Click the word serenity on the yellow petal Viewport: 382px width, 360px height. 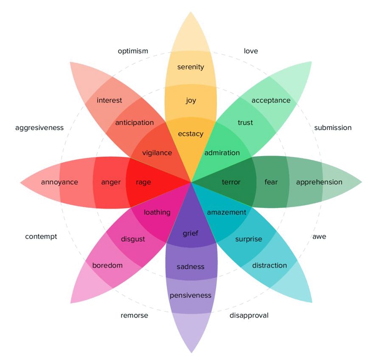[x=191, y=67]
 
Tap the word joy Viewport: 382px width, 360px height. [x=191, y=100]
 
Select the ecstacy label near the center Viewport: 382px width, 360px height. [x=191, y=134]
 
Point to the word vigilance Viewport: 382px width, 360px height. [x=157, y=153]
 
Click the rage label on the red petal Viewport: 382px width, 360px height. [x=143, y=182]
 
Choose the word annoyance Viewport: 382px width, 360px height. [x=59, y=182]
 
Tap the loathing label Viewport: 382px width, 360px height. [x=157, y=212]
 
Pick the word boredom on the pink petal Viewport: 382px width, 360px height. [x=107, y=265]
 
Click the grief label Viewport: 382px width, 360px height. [x=191, y=233]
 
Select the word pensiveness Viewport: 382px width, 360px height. [x=191, y=295]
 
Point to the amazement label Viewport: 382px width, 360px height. [x=226, y=212]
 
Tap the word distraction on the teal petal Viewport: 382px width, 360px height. [x=270, y=265]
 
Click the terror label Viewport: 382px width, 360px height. [x=231, y=182]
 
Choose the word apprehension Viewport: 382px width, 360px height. [x=319, y=182]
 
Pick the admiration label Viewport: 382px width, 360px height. [x=222, y=153]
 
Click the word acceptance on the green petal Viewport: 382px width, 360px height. [x=271, y=100]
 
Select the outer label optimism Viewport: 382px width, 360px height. [x=133, y=51]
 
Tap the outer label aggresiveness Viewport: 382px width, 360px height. [x=39, y=127]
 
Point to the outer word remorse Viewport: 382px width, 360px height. [x=134, y=315]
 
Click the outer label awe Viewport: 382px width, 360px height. [x=319, y=236]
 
